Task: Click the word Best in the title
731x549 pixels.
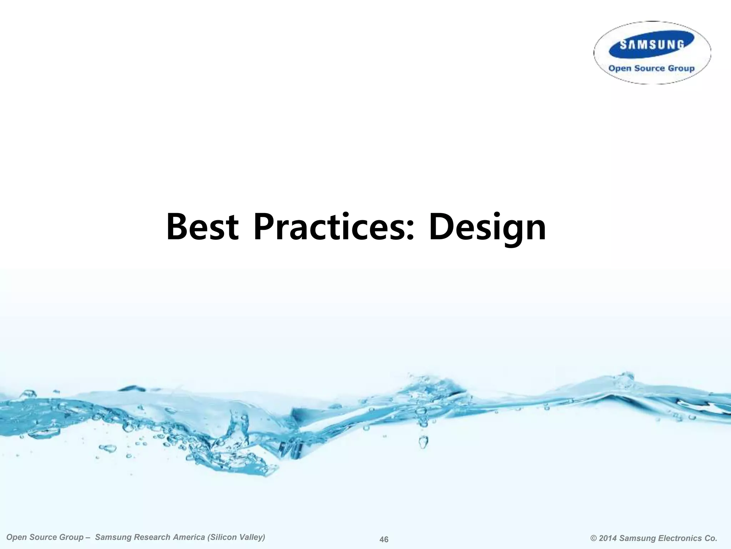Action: [202, 227]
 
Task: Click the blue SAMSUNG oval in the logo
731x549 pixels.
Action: [652, 45]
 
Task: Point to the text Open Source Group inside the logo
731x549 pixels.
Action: [651, 68]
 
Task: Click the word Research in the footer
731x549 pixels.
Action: [150, 538]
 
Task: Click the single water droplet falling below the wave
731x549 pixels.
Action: [423, 442]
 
